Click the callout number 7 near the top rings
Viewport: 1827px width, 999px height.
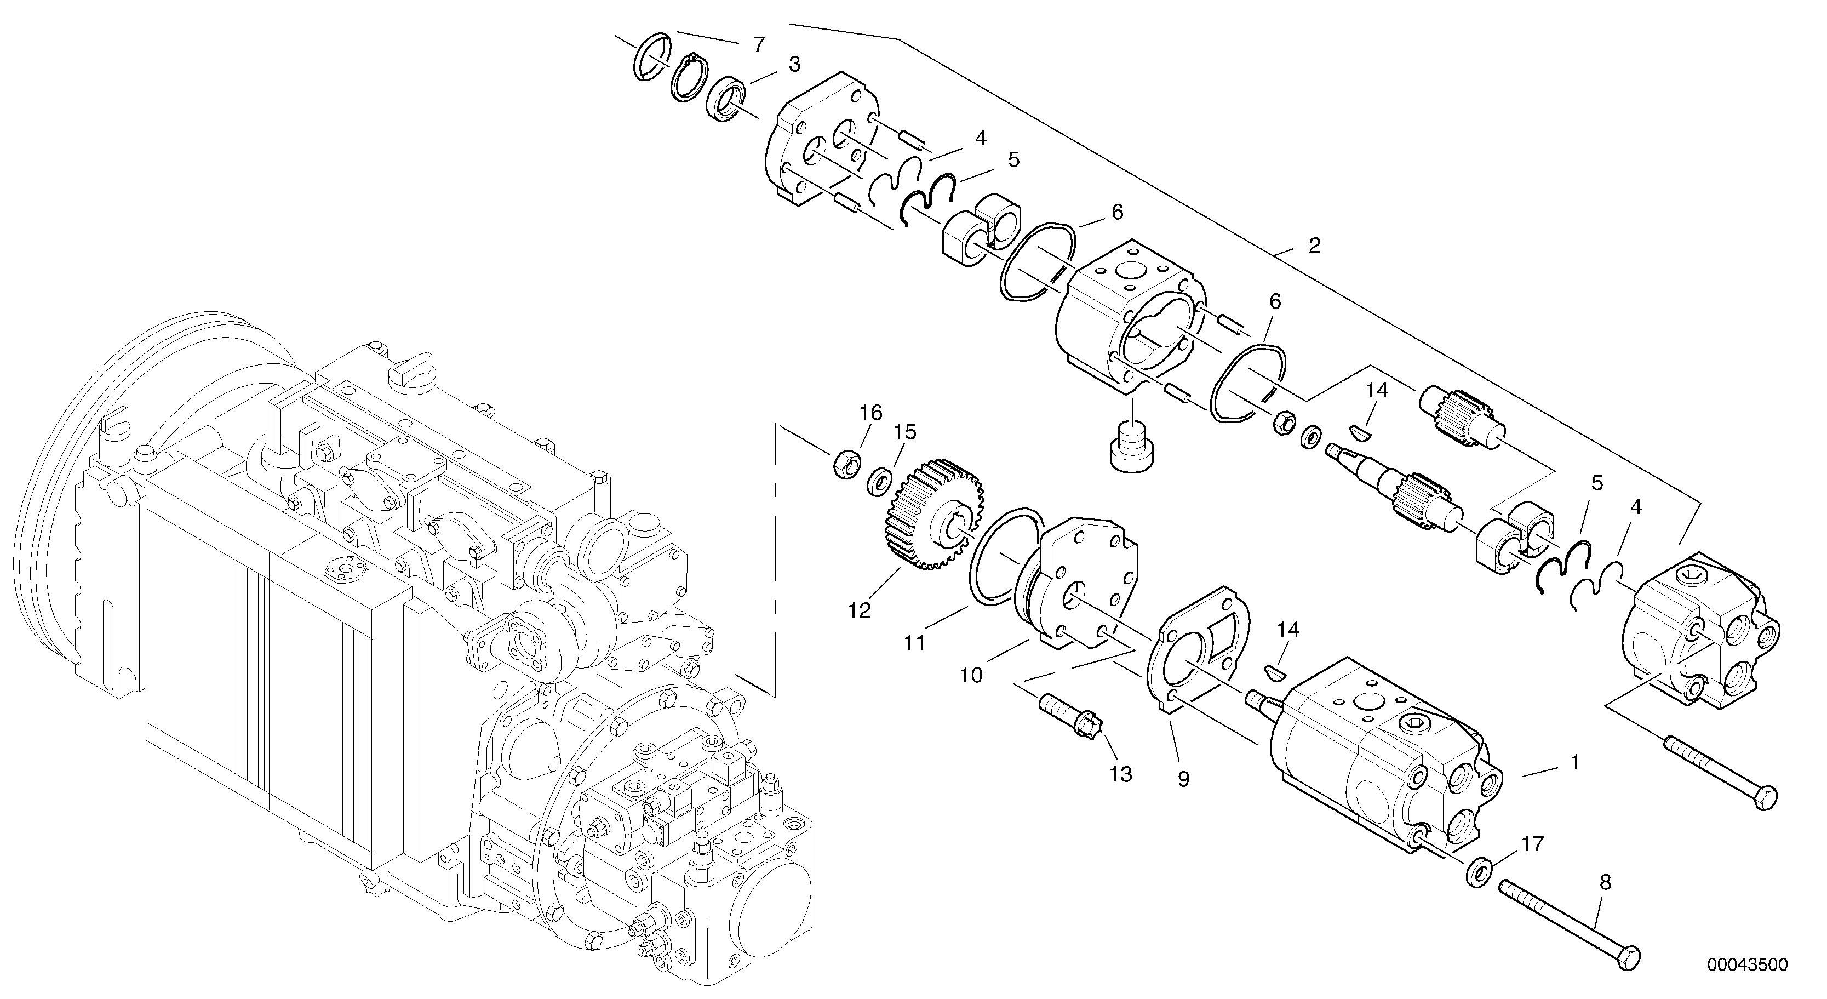pos(759,45)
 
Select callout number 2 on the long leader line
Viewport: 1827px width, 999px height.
pos(1314,246)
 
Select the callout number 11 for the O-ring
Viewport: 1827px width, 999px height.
pos(914,643)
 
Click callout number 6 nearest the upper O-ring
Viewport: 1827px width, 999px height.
pos(1117,212)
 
